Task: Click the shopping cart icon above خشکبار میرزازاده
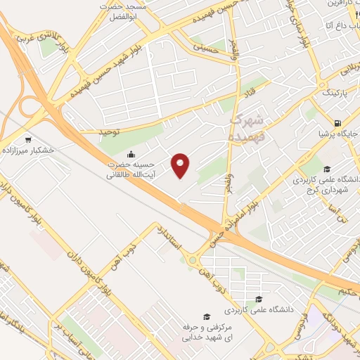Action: [28, 139]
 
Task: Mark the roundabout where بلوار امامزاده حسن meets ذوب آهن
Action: [193, 261]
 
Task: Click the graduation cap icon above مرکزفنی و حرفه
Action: [207, 316]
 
